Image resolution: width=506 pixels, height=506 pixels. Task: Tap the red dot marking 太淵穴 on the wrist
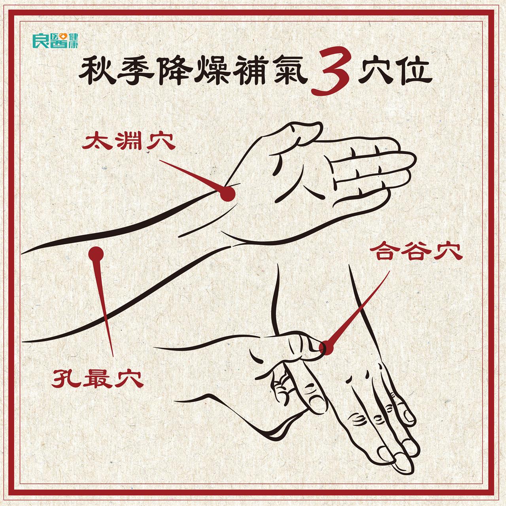(x=227, y=194)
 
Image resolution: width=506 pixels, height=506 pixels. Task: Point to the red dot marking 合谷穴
(x=327, y=348)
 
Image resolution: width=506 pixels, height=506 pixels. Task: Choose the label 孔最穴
(x=97, y=379)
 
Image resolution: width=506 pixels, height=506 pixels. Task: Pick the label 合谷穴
(x=415, y=252)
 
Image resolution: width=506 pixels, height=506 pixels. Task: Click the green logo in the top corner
(x=55, y=41)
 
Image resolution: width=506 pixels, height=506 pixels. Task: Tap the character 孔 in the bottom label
(x=66, y=379)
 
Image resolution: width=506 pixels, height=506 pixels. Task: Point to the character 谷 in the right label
(x=415, y=252)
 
